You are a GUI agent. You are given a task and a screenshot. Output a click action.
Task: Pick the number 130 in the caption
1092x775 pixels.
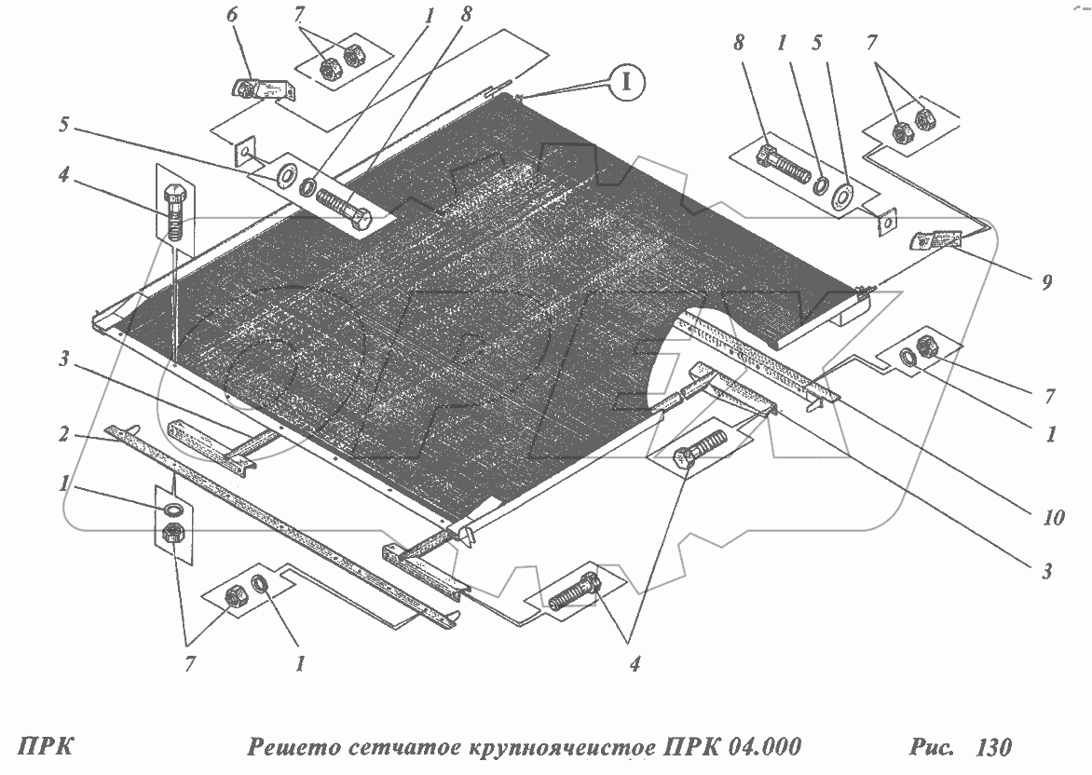pyautogui.click(x=992, y=747)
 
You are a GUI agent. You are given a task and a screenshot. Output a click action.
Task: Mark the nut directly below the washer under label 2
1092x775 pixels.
pyautogui.click(x=172, y=535)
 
